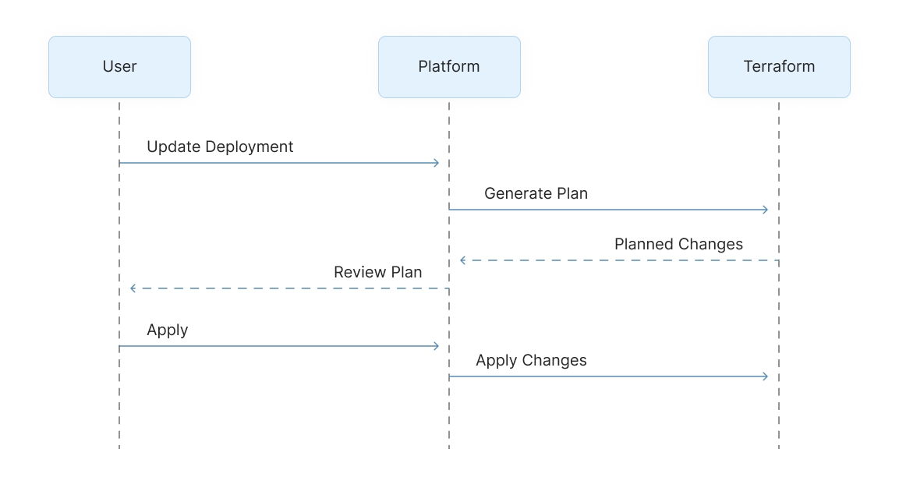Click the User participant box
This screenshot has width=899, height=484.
point(119,67)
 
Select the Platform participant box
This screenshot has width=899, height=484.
point(449,67)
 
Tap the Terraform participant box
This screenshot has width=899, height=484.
point(779,67)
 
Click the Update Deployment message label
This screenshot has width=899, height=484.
point(220,147)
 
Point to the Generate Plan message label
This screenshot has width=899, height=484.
point(536,193)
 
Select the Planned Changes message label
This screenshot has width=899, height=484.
point(678,244)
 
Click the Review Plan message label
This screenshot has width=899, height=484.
point(377,272)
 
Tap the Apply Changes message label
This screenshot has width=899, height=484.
point(531,360)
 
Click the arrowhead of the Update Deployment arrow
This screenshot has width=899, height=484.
point(437,163)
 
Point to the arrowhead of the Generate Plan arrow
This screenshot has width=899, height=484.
point(766,210)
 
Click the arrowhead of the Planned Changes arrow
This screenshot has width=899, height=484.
point(463,260)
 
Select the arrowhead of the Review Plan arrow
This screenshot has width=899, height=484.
point(133,288)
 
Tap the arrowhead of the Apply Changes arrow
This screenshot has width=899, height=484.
point(766,376)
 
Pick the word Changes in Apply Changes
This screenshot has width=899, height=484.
point(554,360)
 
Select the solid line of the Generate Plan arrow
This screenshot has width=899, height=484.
point(608,210)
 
